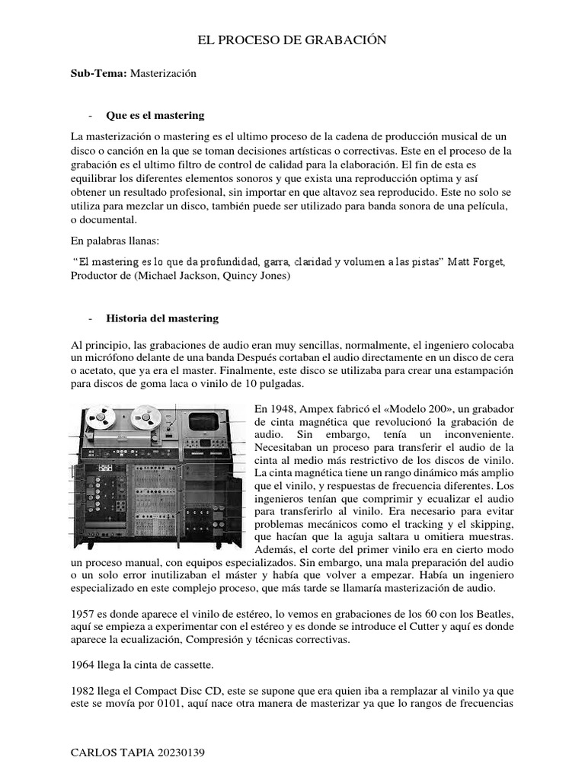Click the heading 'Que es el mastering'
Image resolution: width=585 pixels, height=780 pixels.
coord(155,115)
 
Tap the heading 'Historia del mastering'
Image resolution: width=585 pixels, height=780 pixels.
coord(162,318)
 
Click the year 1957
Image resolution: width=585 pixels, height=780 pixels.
coord(84,613)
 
